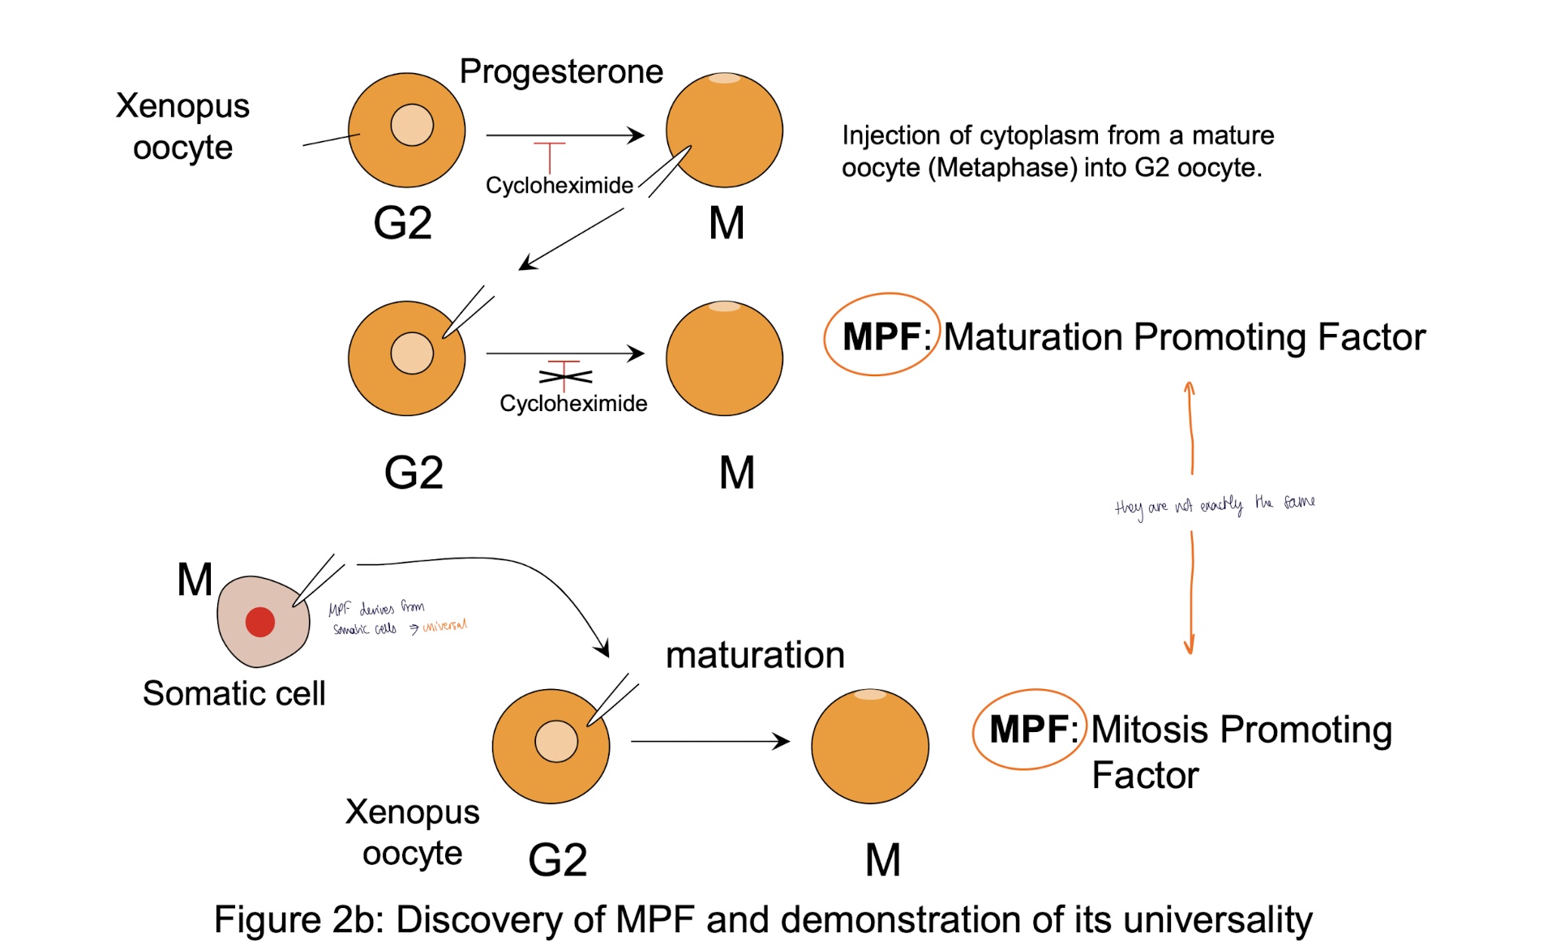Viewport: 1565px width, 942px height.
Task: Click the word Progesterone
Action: [x=561, y=72]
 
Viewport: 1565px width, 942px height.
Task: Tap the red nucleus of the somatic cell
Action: [x=259, y=622]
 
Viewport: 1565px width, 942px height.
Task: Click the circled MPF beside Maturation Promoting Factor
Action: [x=881, y=336]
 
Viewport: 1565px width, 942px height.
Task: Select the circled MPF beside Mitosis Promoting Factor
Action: [x=1028, y=729]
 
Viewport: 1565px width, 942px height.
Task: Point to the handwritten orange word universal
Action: [x=444, y=626]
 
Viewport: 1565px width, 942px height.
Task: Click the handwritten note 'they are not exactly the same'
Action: [x=1214, y=505]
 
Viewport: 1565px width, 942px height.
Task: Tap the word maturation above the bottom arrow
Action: [x=754, y=655]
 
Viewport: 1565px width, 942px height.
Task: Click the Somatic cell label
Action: [x=234, y=693]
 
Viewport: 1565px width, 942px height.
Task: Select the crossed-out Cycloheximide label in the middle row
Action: [x=572, y=403]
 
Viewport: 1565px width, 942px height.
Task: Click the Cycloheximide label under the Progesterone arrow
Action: [x=559, y=186]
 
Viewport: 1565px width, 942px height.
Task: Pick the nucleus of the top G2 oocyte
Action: [x=412, y=125]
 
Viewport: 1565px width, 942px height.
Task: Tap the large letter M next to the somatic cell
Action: [x=195, y=580]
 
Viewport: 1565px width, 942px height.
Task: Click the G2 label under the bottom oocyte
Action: [x=557, y=859]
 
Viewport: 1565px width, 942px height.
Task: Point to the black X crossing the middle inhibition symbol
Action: [x=565, y=376]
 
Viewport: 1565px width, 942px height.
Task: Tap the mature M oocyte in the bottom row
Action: [x=869, y=747]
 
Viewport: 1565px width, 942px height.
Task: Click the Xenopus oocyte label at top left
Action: [x=182, y=126]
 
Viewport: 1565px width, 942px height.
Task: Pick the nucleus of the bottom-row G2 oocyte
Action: [x=556, y=741]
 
